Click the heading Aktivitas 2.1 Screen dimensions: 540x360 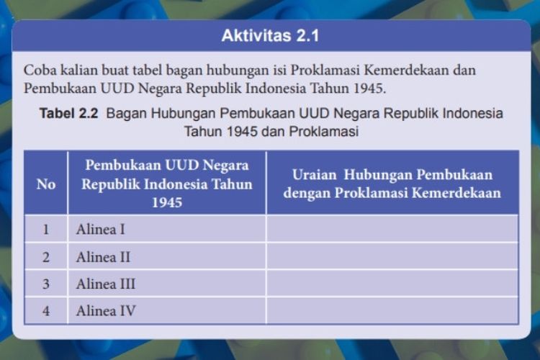click(270, 35)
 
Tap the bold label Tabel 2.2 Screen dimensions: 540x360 click(69, 113)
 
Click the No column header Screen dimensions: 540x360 click(46, 184)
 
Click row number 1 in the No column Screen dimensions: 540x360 click(46, 230)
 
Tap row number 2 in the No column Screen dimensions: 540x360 click(46, 257)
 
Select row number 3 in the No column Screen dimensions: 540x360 click(46, 284)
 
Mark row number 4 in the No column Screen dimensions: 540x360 click(46, 311)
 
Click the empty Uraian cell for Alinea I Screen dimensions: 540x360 click(392, 229)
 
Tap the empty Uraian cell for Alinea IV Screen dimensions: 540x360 click(392, 310)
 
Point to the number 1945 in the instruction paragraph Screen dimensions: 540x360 click(369, 89)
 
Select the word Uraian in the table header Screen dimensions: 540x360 click(314, 175)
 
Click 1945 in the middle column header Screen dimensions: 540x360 click(167, 202)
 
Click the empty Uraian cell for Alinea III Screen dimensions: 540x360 click(392, 283)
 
